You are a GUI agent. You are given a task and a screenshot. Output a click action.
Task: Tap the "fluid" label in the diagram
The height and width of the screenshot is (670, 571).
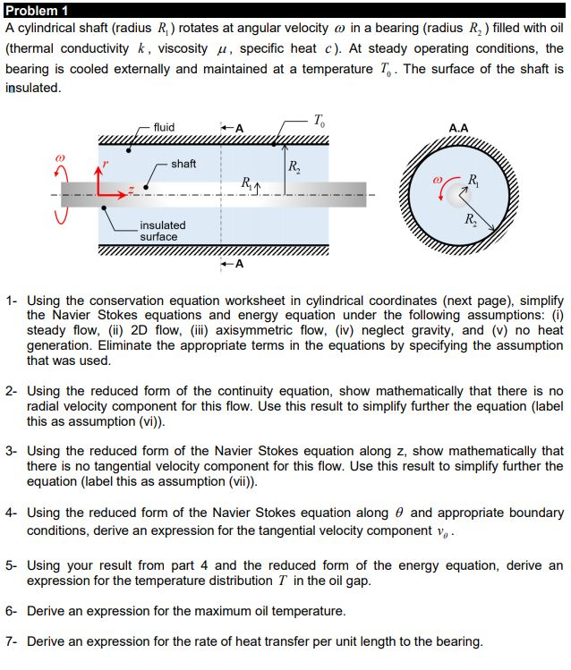pyautogui.click(x=164, y=127)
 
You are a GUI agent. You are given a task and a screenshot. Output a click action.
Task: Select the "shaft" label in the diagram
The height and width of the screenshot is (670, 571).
pyautogui.click(x=183, y=164)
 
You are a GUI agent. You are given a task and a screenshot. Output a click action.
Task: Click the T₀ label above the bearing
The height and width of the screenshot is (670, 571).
pyautogui.click(x=321, y=120)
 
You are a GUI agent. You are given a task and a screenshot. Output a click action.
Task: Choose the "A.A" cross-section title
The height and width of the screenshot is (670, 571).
pyautogui.click(x=457, y=128)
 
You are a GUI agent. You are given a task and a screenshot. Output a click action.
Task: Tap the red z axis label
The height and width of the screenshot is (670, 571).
pyautogui.click(x=131, y=190)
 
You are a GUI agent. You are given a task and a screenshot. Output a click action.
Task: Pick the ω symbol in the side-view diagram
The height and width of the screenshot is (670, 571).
pyautogui.click(x=61, y=156)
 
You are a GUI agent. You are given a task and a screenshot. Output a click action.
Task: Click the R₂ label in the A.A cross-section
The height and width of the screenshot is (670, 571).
pyautogui.click(x=471, y=219)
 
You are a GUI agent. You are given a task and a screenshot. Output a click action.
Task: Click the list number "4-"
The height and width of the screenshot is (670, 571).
pyautogui.click(x=12, y=513)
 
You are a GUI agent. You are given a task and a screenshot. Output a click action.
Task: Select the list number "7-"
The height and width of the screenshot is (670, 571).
pyautogui.click(x=12, y=641)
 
